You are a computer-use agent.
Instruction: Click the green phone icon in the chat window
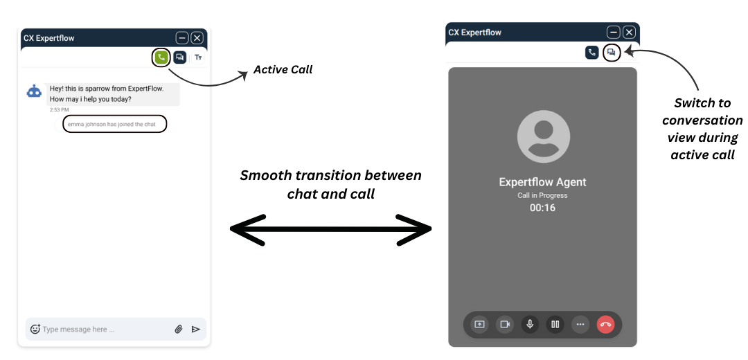pos(161,57)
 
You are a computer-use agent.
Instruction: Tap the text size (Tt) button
pos(198,57)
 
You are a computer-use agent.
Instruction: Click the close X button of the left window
pos(197,38)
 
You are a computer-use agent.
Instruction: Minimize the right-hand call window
pos(614,33)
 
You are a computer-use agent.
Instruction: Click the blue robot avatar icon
pos(34,91)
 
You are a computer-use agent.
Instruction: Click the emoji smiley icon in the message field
pos(35,329)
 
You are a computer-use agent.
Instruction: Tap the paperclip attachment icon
pos(179,329)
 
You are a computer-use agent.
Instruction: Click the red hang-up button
pos(605,325)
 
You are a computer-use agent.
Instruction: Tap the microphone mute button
pos(530,325)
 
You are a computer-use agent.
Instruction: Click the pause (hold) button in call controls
pos(555,325)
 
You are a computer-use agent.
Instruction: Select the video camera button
pos(505,325)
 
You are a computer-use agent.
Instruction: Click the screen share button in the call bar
pos(479,325)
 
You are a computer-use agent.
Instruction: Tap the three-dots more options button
pos(580,325)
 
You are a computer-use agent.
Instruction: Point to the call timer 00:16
pos(542,208)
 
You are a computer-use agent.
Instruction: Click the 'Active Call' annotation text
pos(283,70)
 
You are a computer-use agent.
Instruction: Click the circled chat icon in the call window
pos(612,53)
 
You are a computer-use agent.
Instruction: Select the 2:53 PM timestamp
pos(59,110)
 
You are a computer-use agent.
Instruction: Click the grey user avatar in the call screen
pos(544,136)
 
